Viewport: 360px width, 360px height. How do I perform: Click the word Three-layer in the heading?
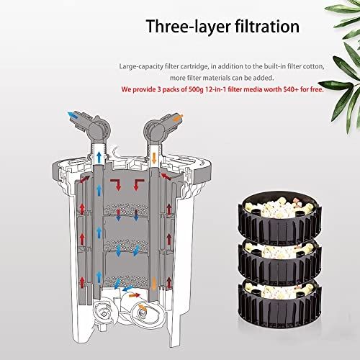tap(188, 27)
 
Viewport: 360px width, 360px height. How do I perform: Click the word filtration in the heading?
tap(267, 26)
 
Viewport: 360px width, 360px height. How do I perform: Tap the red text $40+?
tap(291, 89)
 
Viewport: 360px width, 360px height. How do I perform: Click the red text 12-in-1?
tap(216, 89)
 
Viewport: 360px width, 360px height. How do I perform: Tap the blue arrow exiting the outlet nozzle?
tap(72, 115)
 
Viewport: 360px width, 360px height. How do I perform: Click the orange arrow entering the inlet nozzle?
tap(178, 118)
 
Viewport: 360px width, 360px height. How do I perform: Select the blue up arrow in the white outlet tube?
tap(99, 157)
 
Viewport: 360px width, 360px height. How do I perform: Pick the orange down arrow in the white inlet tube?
tap(154, 158)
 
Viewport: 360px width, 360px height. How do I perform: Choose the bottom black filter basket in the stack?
tap(279, 302)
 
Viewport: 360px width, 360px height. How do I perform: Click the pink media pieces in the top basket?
tap(297, 203)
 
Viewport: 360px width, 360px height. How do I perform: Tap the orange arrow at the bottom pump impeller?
tap(143, 307)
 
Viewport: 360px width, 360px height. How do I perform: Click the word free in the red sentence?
tap(317, 89)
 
